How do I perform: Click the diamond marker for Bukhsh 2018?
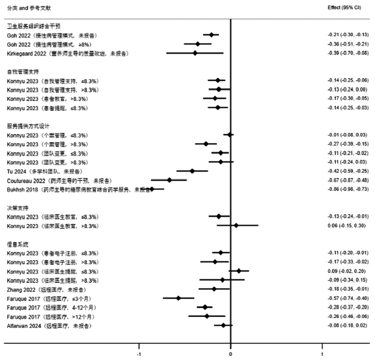(x=152, y=189)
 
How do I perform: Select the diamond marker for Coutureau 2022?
(x=169, y=180)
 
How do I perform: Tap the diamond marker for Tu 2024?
(x=192, y=171)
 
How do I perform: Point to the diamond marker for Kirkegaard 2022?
(x=195, y=53)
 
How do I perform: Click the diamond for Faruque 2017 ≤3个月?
(x=178, y=298)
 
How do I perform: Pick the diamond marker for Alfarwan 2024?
(x=223, y=325)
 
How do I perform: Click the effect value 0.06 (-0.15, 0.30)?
(x=346, y=225)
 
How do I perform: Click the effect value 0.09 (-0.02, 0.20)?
(x=346, y=271)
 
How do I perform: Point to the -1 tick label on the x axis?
(x=139, y=355)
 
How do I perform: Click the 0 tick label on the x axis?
(x=230, y=355)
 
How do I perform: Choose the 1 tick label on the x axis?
(x=322, y=355)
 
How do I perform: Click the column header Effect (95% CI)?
(x=344, y=7)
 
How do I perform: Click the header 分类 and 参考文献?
(x=25, y=7)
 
